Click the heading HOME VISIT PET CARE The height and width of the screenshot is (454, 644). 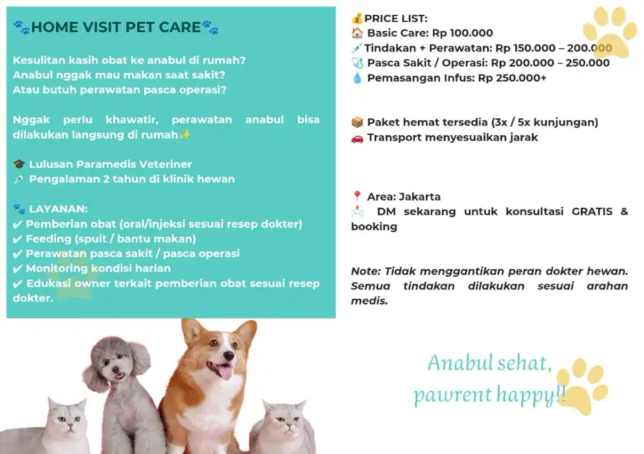[116, 27]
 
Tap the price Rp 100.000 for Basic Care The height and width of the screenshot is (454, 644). [462, 33]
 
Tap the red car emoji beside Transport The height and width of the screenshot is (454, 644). [357, 138]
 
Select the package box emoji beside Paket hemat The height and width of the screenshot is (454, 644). [357, 122]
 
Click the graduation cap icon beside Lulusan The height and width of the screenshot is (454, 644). [19, 165]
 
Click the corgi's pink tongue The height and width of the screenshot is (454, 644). [225, 371]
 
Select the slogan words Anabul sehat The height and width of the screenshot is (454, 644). [489, 363]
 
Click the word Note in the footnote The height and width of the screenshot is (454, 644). [365, 271]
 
